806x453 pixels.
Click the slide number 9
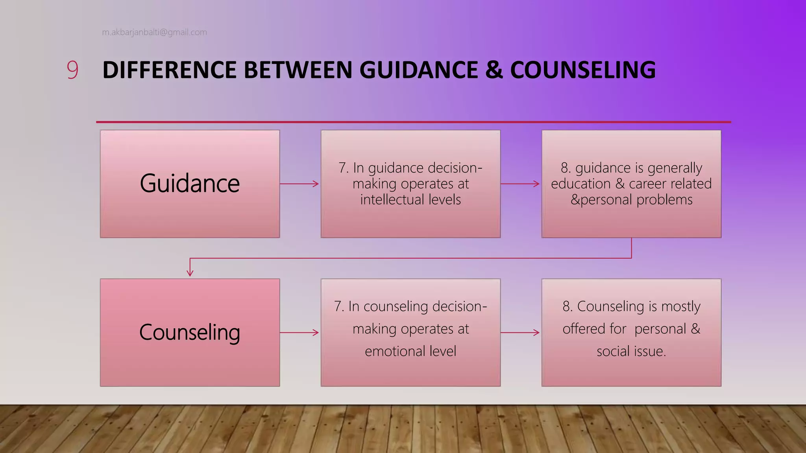pyautogui.click(x=72, y=70)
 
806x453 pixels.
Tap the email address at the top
pyautogui.click(x=154, y=32)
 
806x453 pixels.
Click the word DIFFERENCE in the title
pyautogui.click(x=170, y=70)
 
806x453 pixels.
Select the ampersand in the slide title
pyautogui.click(x=494, y=70)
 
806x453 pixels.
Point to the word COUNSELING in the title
pyautogui.click(x=583, y=70)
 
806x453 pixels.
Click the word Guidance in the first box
pyautogui.click(x=190, y=183)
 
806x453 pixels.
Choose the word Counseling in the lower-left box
pyautogui.click(x=190, y=332)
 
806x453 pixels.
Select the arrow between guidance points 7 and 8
pyautogui.click(x=521, y=184)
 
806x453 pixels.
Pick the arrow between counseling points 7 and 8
pyautogui.click(x=521, y=333)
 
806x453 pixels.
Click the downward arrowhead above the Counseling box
pyautogui.click(x=190, y=272)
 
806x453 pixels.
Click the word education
pyautogui.click(x=581, y=184)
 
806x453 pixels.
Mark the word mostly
pyautogui.click(x=681, y=306)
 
